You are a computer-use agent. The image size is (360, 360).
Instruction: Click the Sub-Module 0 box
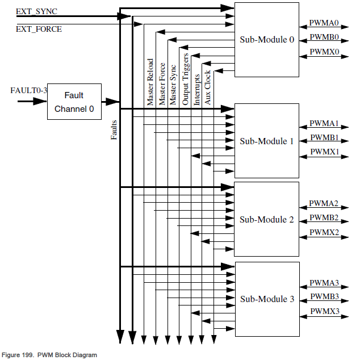click(266, 39)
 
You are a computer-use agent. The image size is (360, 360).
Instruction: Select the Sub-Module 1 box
click(266, 141)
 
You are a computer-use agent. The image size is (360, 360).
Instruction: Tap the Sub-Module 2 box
click(266, 219)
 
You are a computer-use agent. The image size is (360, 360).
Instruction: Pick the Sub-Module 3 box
click(266, 299)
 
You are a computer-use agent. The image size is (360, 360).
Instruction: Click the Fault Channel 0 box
click(74, 102)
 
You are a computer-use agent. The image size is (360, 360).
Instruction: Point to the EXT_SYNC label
click(37, 11)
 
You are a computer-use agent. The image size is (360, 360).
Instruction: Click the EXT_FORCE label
click(39, 28)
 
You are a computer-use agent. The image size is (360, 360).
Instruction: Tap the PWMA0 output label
click(324, 23)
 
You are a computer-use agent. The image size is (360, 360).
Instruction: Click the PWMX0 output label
click(324, 52)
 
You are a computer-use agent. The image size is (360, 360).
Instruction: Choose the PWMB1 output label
click(324, 138)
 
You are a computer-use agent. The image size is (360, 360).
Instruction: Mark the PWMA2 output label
click(324, 203)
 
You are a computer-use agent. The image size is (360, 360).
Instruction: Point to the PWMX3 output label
click(324, 311)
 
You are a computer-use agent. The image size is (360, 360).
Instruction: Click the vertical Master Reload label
click(150, 82)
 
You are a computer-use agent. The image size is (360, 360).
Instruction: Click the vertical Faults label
click(114, 130)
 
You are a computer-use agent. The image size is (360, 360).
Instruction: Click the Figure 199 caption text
click(49, 355)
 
